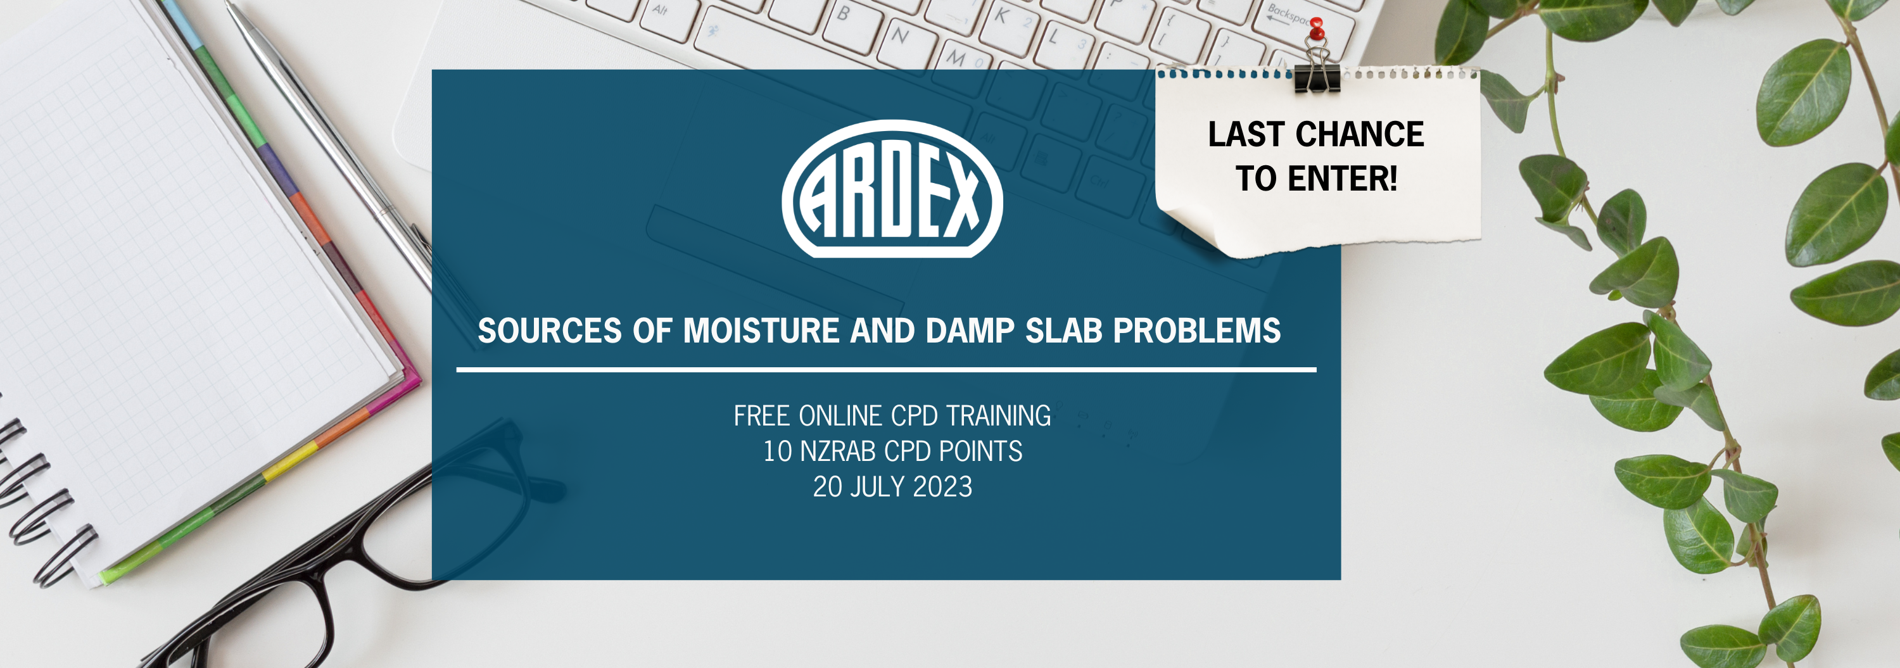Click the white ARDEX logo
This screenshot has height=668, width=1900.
(892, 189)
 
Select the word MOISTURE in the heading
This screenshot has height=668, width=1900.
(761, 331)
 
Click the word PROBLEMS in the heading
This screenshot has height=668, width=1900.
(1197, 331)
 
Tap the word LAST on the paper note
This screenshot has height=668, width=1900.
(1246, 134)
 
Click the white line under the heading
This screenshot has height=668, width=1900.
(886, 369)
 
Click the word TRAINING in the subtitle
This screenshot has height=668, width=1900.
(999, 416)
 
